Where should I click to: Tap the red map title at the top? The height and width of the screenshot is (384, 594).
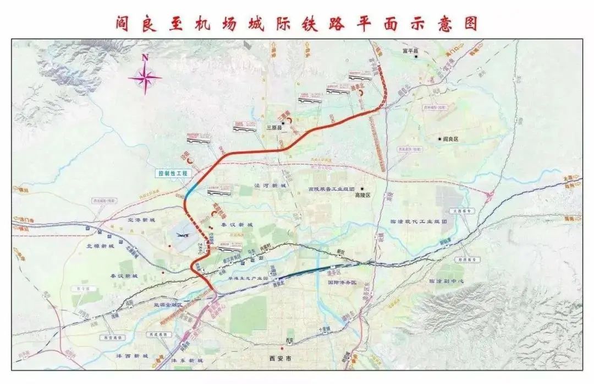click(297, 24)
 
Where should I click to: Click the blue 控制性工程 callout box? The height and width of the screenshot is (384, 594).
click(173, 174)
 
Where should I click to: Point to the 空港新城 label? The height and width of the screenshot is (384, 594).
click(141, 220)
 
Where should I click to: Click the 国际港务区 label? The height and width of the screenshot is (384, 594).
click(342, 282)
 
